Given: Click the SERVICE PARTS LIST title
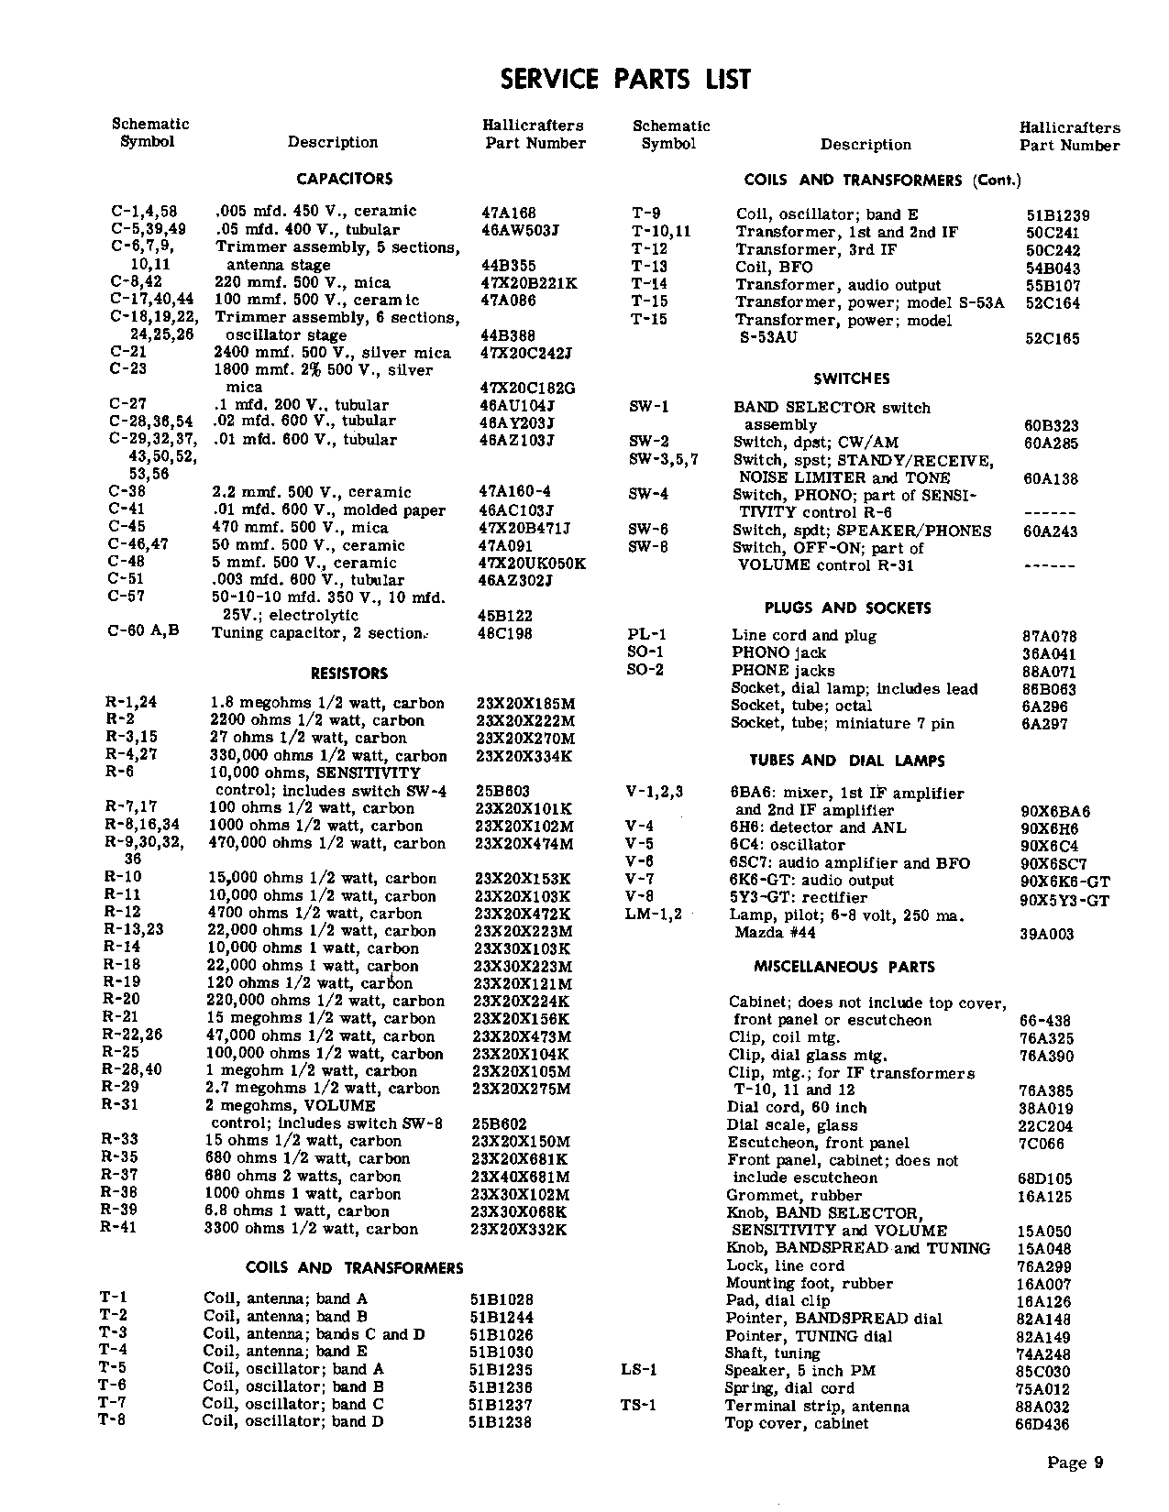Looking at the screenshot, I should (625, 80).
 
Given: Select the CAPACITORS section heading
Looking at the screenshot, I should (345, 179).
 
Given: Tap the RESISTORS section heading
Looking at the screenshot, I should (349, 674).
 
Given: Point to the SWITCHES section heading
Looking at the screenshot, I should (851, 378).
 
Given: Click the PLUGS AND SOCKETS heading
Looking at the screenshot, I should (847, 608).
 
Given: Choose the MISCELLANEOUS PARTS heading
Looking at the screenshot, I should (844, 967).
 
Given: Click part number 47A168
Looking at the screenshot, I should (509, 212).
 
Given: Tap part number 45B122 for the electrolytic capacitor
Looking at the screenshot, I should (505, 616).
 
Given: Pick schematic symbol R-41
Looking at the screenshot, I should (118, 1227).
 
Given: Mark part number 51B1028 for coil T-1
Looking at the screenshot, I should (501, 1299).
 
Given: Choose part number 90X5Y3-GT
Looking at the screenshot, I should (1064, 900).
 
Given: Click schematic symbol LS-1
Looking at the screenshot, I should (639, 1370).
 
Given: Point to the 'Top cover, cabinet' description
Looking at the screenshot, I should (797, 1423).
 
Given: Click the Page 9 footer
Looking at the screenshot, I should (1075, 1463).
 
